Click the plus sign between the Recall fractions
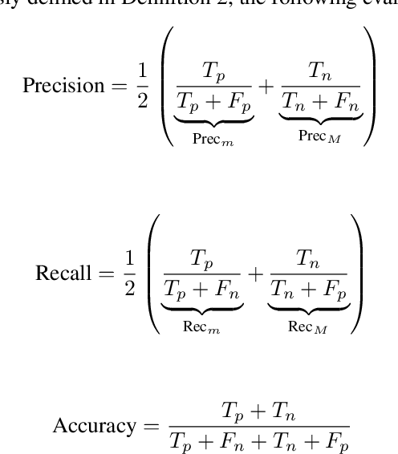point(254,274)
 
